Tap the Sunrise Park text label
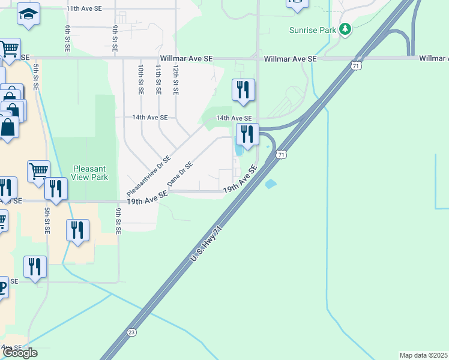coord(312,29)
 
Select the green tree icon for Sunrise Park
coord(345,29)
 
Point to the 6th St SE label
coord(68,38)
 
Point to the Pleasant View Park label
coord(90,173)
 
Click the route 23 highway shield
coord(131,332)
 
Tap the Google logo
coord(20,353)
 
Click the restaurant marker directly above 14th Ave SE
coord(243,90)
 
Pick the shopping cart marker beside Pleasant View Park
coord(39,170)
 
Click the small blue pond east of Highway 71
coord(271,184)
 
